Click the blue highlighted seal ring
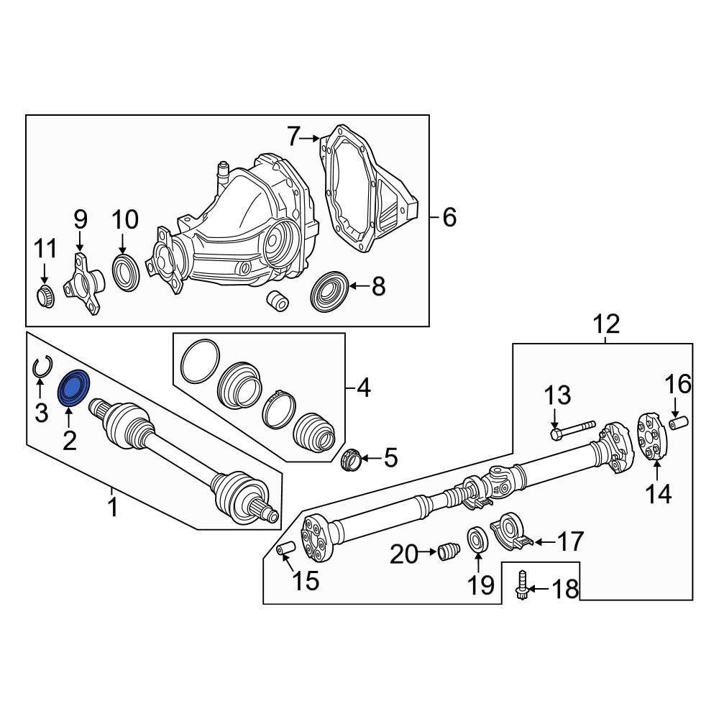point(73,388)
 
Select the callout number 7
point(294,137)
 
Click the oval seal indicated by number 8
point(329,292)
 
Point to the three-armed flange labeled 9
point(83,283)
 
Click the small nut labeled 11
point(45,296)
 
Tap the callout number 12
point(606,325)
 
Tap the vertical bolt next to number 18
point(521,585)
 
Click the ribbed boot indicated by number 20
point(449,551)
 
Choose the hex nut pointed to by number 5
point(353,459)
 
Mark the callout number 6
point(449,217)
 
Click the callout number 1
point(112,508)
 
